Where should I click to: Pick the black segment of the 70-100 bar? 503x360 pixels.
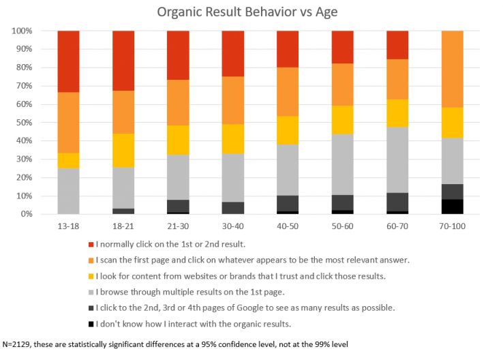453,207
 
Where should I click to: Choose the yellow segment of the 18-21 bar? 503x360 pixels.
123,151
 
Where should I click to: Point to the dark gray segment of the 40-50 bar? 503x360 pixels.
288,204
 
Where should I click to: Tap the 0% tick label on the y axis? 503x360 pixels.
27,214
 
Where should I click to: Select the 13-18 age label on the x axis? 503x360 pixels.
68,226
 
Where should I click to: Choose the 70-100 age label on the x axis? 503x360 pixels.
453,226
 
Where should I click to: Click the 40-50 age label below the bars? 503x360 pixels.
288,226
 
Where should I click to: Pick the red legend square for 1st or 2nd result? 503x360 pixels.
90,244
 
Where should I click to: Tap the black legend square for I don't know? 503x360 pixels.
90,324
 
